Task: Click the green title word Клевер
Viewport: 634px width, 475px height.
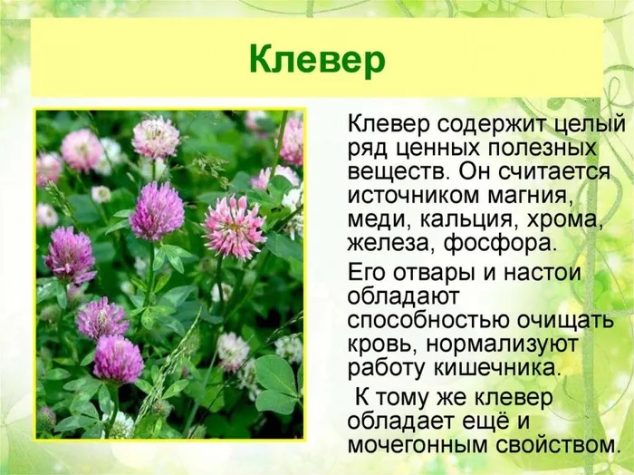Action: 317,61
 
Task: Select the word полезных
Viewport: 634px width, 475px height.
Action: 543,148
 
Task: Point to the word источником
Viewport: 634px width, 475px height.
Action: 414,196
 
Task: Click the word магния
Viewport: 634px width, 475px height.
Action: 531,196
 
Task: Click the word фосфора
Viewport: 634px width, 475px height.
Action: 499,245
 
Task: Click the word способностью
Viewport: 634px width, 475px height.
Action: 428,321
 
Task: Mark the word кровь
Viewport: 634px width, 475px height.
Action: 383,345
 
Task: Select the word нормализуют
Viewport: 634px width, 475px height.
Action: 502,345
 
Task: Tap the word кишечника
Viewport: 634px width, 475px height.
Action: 498,369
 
